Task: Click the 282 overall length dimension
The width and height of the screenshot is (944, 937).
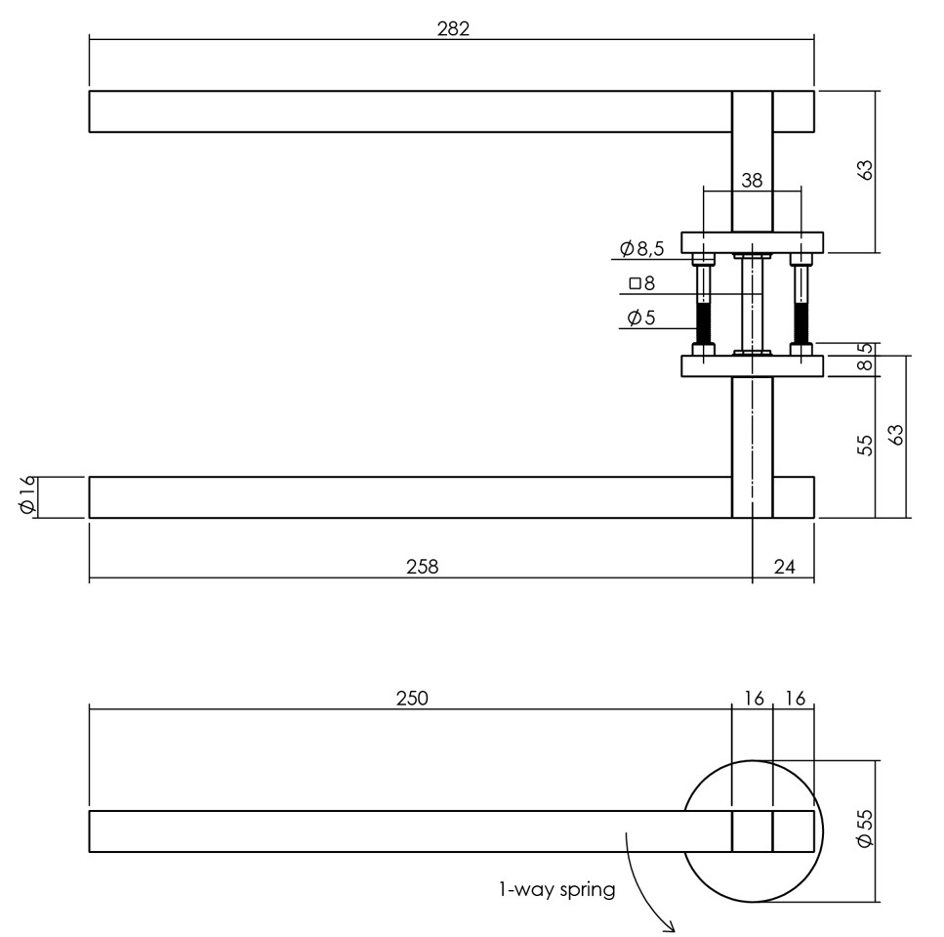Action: (x=452, y=28)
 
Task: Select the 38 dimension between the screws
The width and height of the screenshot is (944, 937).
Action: (x=752, y=180)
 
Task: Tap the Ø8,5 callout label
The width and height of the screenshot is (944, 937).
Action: (x=641, y=248)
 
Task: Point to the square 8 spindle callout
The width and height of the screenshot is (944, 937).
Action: (x=642, y=284)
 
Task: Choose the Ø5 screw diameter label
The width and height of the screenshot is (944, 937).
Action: (x=640, y=318)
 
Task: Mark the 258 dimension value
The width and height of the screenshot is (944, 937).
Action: (x=422, y=566)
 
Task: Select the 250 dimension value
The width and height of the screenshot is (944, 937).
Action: (x=412, y=698)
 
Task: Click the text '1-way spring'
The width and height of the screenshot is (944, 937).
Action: (x=556, y=890)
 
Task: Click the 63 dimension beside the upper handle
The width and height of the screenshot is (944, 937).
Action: (x=865, y=170)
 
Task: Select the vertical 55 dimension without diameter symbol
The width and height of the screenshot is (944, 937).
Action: (x=865, y=446)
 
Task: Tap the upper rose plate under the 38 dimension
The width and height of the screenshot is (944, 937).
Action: (x=752, y=241)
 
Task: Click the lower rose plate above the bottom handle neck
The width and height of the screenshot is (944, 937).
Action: (x=752, y=366)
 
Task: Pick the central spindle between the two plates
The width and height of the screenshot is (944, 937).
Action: (x=752, y=303)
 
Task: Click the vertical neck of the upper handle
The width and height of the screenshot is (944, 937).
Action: (x=752, y=161)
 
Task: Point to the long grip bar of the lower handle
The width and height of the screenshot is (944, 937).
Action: (x=410, y=496)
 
